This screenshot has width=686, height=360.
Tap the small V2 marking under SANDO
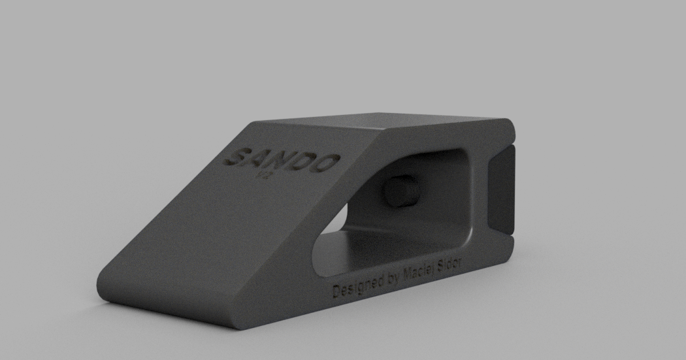pyautogui.click(x=265, y=175)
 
